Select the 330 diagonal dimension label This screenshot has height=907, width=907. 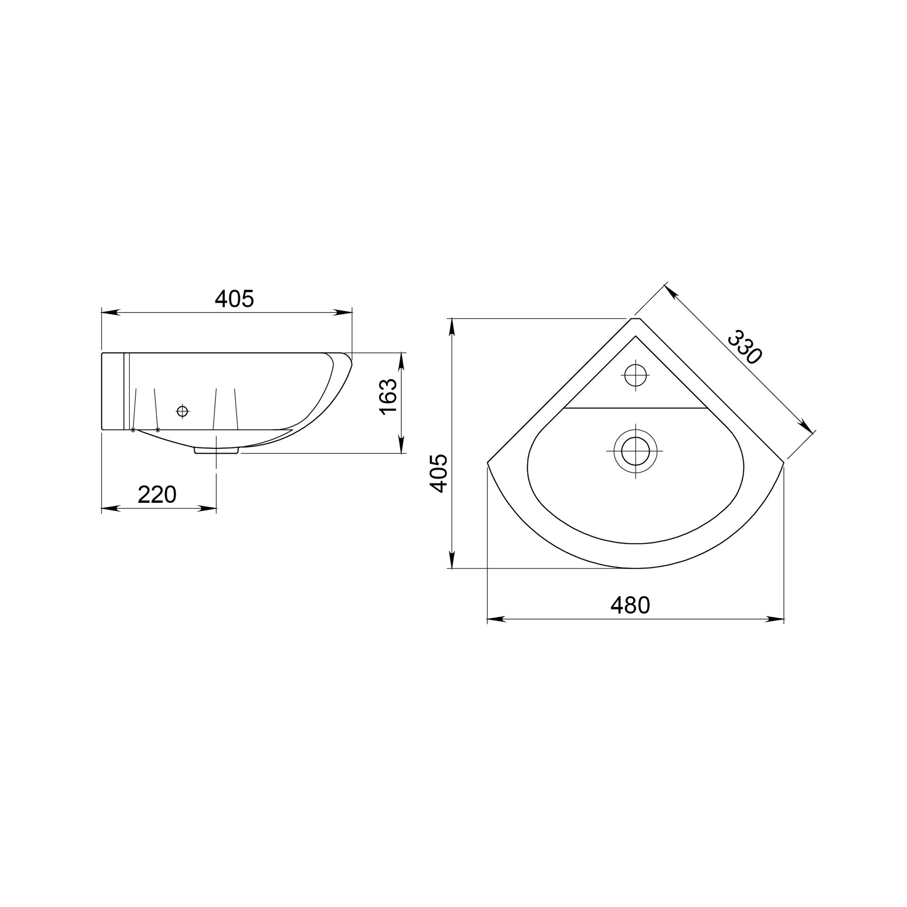(744, 347)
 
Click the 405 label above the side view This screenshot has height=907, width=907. (234, 299)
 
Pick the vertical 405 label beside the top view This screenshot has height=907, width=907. (439, 473)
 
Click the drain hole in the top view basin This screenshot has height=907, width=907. (635, 451)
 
